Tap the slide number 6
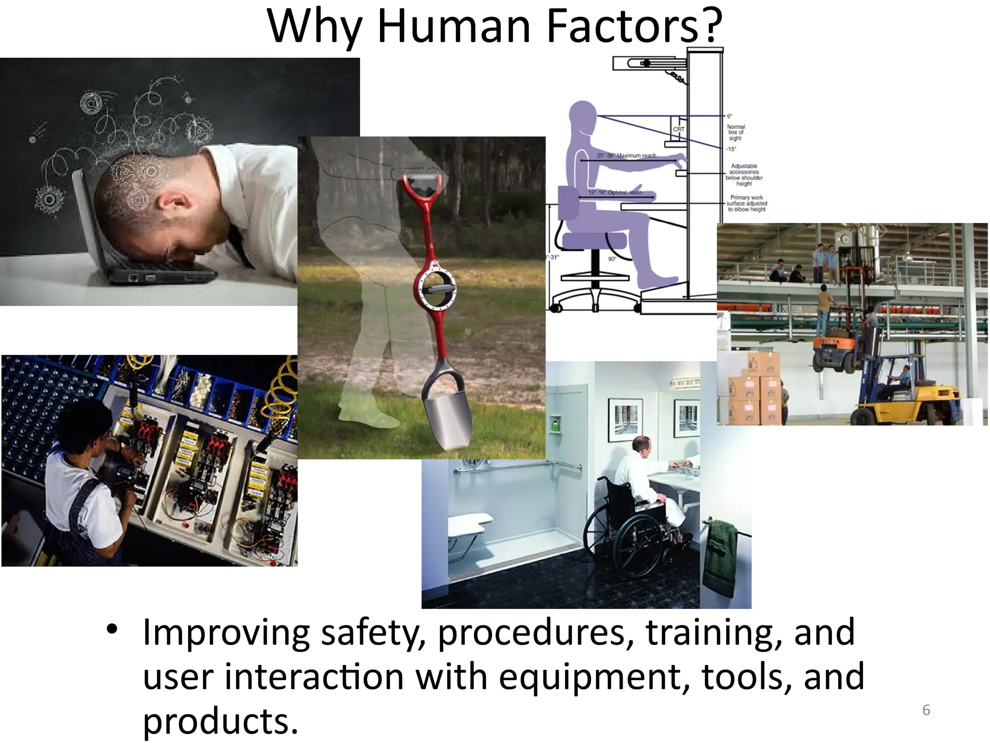pos(926,710)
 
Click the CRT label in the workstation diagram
pos(679,129)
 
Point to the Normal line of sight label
pos(735,132)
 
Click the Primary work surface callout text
pos(746,203)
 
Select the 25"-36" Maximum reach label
pos(626,155)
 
